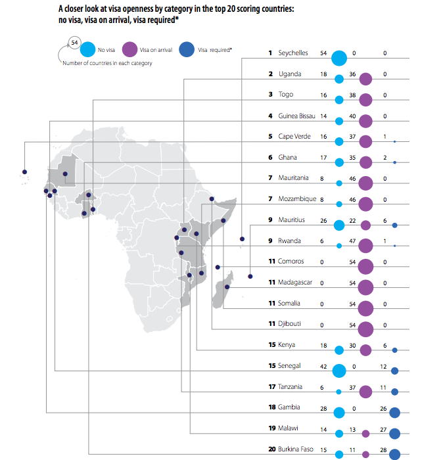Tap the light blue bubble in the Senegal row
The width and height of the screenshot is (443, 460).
(339, 371)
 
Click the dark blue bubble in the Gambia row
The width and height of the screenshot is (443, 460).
(395, 413)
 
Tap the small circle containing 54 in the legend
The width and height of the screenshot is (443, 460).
(74, 41)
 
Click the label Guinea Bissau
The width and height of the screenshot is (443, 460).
(297, 116)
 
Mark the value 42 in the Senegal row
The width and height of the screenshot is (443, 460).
(323, 365)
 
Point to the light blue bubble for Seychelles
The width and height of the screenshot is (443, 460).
(339, 58)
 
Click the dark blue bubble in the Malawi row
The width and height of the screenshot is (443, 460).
(394, 433)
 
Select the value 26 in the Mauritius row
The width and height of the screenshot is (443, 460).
(323, 219)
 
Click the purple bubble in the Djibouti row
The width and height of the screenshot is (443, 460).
(366, 329)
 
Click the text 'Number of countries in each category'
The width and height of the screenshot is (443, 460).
(107, 63)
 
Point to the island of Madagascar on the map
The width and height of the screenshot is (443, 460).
(223, 285)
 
